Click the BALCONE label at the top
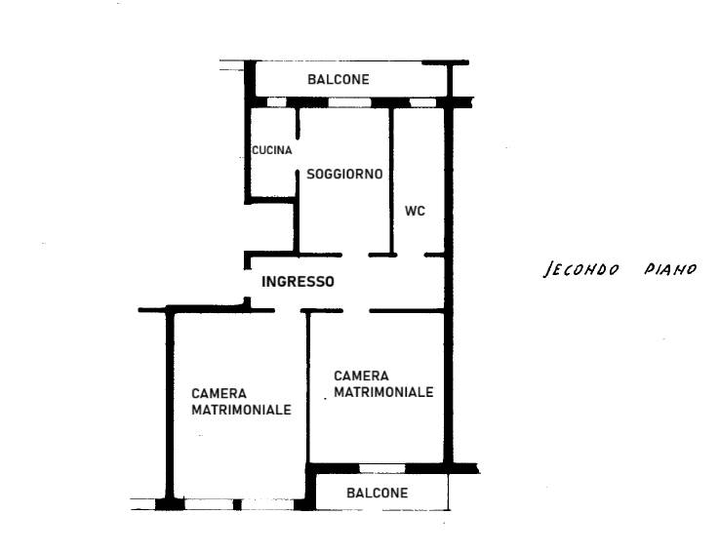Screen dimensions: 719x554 pos(339,80)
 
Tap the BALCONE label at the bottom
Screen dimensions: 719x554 pos(377,493)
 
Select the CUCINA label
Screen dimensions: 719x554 pos(272,150)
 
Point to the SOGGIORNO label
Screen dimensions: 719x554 pos(344,175)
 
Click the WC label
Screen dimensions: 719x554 pos(415,211)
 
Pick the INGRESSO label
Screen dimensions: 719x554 pos(298,282)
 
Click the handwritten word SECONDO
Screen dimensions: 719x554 pos(581,269)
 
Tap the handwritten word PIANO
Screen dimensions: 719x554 pos(670,269)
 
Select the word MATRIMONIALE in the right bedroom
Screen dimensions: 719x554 pos(383,392)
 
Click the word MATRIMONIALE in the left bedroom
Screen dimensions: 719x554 pos(241,410)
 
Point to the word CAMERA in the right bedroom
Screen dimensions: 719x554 pos(361,376)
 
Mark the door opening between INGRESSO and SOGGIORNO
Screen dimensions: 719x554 pos(355,255)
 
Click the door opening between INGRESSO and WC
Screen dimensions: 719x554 pos(411,255)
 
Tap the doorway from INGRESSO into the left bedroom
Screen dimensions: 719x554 pos(288,311)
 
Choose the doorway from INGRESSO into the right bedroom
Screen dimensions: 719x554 pos(356,311)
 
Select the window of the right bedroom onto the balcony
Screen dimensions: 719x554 pos(382,469)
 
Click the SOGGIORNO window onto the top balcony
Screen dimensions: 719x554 pos(349,102)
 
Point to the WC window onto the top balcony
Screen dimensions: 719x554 pos(422,102)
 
